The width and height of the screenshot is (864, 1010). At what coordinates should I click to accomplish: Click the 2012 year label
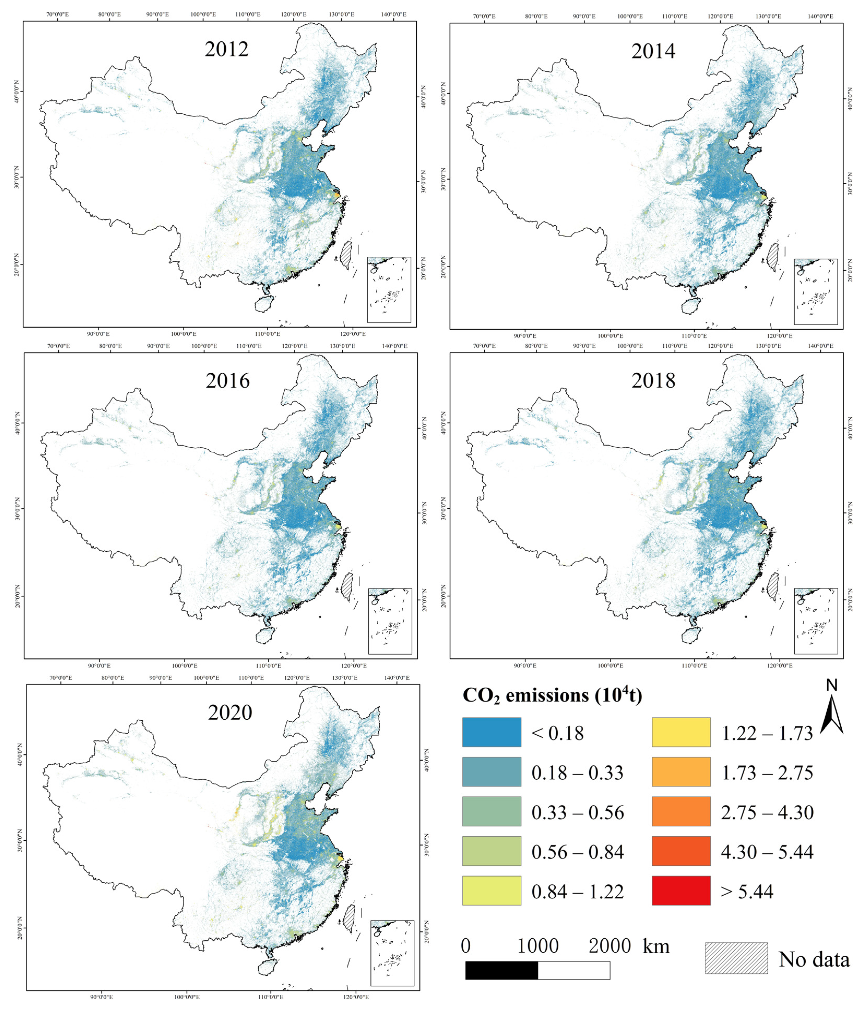pos(226,49)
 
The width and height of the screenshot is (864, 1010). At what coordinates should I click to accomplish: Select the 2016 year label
pos(227,381)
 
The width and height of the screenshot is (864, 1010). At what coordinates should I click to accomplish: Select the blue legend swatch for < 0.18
pos(491,732)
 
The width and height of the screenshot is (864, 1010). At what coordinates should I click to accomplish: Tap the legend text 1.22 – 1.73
pos(767,733)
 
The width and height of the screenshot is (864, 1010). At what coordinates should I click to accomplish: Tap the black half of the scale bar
pos(501,970)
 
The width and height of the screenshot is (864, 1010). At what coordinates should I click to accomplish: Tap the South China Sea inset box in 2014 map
pos(816,292)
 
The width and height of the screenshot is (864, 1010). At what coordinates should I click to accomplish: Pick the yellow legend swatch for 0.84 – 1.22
pos(491,891)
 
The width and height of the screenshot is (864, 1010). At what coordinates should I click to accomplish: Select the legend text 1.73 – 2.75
pos(767,773)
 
